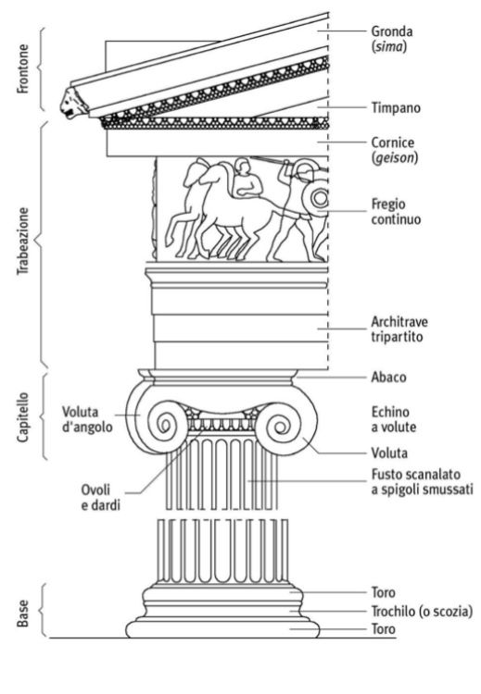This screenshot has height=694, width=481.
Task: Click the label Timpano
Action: pyautogui.click(x=396, y=107)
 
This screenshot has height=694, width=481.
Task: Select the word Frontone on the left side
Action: pyautogui.click(x=22, y=68)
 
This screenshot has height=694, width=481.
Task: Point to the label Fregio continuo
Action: pyautogui.click(x=396, y=212)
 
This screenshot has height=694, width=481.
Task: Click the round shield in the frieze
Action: pyautogui.click(x=318, y=198)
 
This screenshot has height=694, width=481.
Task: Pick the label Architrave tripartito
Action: pyautogui.click(x=399, y=328)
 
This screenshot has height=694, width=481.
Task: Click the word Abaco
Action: pyautogui.click(x=388, y=378)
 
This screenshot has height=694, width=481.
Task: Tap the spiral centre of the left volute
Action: pyautogui.click(x=165, y=426)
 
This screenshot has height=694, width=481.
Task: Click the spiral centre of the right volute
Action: pyautogui.click(x=280, y=427)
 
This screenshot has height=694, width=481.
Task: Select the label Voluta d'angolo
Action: pyautogui.click(x=87, y=419)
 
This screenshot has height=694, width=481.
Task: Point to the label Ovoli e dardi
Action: pyautogui.click(x=100, y=498)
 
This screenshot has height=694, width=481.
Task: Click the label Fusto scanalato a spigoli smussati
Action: pyautogui.click(x=422, y=481)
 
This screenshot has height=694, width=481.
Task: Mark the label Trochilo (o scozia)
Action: pyautogui.click(x=422, y=612)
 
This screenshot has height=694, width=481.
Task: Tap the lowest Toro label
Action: pyautogui.click(x=383, y=628)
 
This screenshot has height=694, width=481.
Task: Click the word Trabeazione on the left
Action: pyautogui.click(x=22, y=242)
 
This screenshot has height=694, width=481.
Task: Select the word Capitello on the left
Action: pyautogui.click(x=22, y=416)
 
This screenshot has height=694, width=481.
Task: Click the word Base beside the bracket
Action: pyautogui.click(x=22, y=613)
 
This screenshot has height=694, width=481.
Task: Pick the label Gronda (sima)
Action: pyautogui.click(x=392, y=39)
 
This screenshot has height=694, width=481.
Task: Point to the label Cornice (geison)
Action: pyautogui.click(x=395, y=150)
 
